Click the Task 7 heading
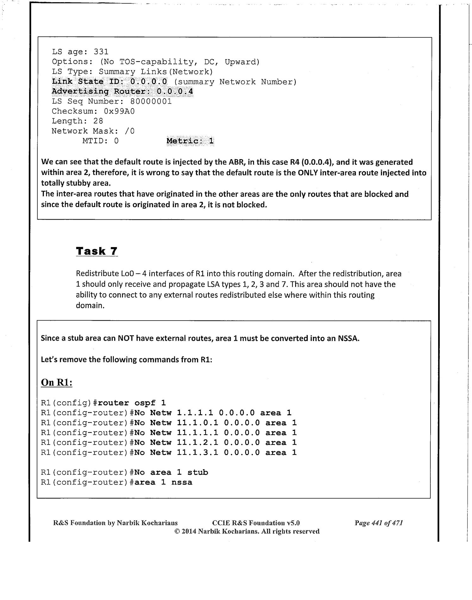click(x=97, y=251)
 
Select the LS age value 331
click(x=101, y=52)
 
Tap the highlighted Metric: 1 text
click(x=190, y=141)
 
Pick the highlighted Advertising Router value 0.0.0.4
click(x=175, y=92)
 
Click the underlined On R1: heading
click(x=57, y=383)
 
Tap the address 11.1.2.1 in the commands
click(x=197, y=443)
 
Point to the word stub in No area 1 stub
click(x=198, y=472)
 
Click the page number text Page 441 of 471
click(x=378, y=523)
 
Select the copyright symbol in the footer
click(x=177, y=531)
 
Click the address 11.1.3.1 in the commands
click(x=197, y=453)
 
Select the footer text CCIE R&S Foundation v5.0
click(x=256, y=523)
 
